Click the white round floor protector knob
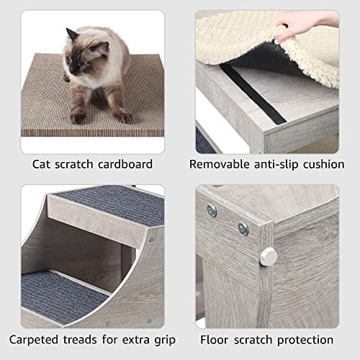click(x=268, y=256)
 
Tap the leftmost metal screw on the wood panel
click(x=211, y=210)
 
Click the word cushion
click(x=325, y=164)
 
